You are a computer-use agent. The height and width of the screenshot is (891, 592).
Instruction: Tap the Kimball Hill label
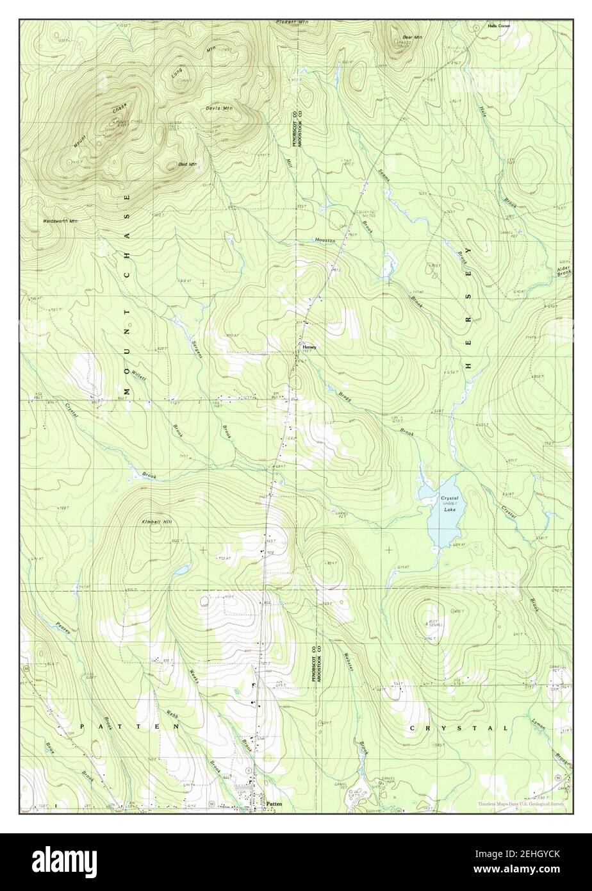[157, 522]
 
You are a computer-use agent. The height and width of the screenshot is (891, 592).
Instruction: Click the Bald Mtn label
[187, 165]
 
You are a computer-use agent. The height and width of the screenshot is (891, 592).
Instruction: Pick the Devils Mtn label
[219, 108]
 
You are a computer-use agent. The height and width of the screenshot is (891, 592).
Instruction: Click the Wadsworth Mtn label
[60, 221]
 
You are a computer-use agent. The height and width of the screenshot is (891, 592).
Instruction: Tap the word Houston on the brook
[325, 240]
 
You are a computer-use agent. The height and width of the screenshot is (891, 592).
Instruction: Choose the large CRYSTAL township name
[458, 728]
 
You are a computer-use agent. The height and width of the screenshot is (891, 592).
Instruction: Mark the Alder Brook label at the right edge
[564, 270]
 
